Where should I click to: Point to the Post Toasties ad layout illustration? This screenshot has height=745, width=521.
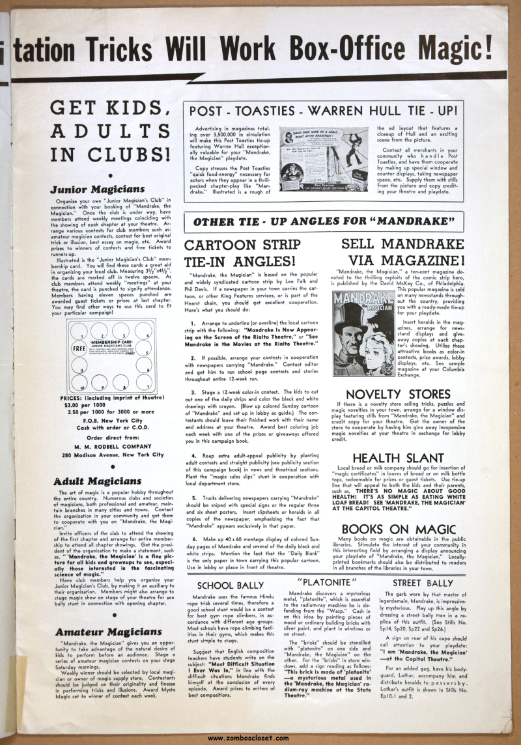[x=324, y=159]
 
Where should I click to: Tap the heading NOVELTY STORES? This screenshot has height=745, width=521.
[x=407, y=395]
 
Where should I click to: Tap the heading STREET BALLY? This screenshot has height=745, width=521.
[x=423, y=583]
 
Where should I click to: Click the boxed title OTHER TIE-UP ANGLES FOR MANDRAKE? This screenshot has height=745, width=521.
[x=324, y=221]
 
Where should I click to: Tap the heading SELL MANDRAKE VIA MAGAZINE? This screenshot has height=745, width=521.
[x=404, y=253]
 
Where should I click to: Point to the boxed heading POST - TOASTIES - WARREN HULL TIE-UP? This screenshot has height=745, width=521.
[x=324, y=111]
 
